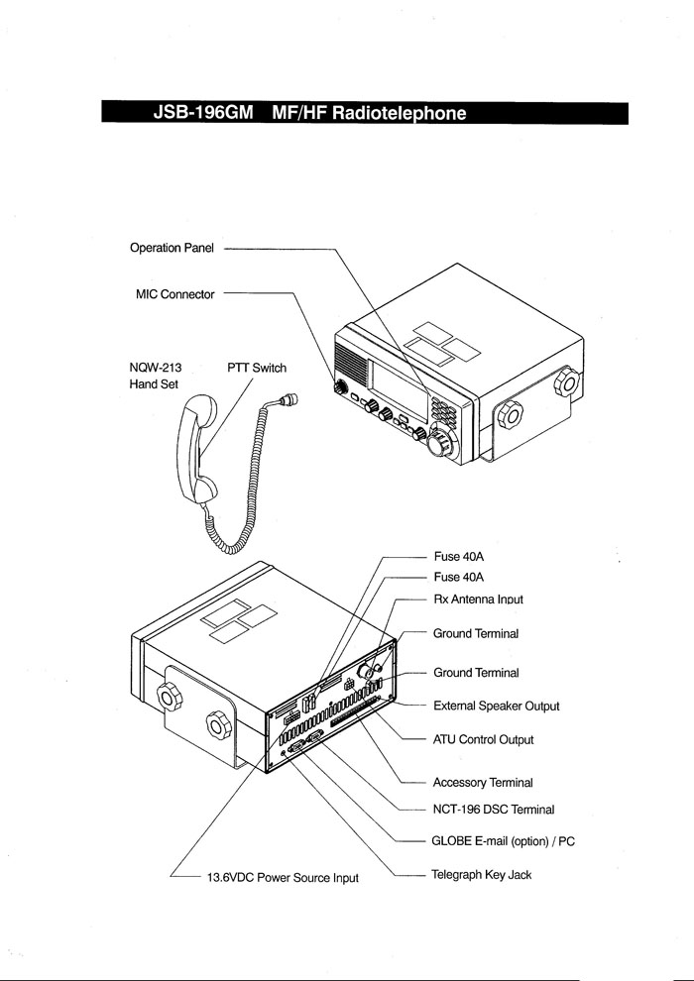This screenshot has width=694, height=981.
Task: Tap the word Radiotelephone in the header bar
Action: click(x=400, y=113)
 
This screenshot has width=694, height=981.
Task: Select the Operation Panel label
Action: click(x=173, y=248)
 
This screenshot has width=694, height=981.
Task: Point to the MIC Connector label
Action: click(x=174, y=294)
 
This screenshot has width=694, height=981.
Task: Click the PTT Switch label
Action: click(x=257, y=368)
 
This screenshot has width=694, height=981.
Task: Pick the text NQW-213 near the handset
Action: click(x=156, y=368)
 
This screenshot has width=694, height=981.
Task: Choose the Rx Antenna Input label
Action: click(x=478, y=599)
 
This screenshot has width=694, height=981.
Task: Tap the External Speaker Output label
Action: click(x=496, y=707)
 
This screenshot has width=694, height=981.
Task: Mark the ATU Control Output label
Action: click(x=483, y=740)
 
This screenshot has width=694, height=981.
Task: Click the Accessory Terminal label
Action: click(x=483, y=783)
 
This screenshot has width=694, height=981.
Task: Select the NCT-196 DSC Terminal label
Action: click(x=493, y=810)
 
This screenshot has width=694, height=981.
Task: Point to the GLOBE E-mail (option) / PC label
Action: click(x=503, y=841)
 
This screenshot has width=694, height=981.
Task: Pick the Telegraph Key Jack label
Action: click(x=482, y=875)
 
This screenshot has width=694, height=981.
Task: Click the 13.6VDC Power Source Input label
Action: click(x=282, y=878)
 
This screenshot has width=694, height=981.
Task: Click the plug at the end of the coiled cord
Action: click(x=290, y=399)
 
